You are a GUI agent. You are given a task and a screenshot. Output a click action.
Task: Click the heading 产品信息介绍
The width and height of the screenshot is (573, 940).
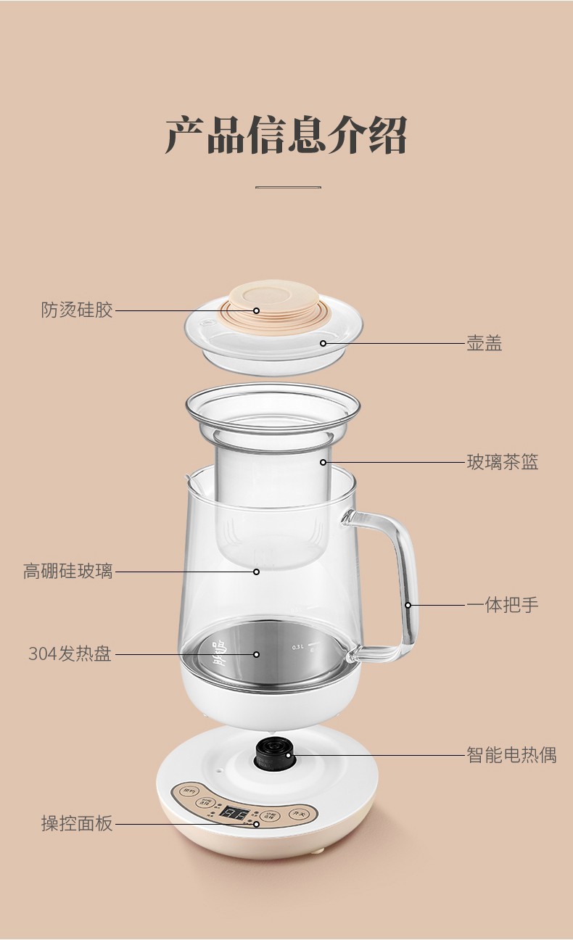pos(286,135)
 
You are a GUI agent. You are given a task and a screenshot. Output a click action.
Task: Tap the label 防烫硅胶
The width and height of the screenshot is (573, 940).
pos(77,310)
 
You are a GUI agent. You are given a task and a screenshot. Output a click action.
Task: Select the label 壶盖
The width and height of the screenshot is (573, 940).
pos(484,343)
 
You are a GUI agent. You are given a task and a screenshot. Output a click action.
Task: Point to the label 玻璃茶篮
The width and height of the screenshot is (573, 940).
pos(502,462)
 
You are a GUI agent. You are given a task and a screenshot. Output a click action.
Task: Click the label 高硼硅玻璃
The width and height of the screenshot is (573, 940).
pos(68,572)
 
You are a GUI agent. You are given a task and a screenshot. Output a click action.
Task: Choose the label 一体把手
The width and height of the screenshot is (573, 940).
pos(502,605)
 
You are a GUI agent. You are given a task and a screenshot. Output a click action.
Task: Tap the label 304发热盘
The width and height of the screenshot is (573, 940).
pos(70,654)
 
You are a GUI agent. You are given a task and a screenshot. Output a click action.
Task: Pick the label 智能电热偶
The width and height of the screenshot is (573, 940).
pos(511,755)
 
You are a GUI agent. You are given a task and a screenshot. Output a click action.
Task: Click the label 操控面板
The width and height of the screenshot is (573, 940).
pos(77,824)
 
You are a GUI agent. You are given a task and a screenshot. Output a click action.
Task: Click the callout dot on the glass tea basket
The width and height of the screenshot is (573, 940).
pos(323,462)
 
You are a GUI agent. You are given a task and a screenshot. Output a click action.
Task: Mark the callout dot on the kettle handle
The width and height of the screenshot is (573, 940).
pos(408,605)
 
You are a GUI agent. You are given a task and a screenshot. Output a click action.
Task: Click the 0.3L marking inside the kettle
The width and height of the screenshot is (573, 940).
pos(297,646)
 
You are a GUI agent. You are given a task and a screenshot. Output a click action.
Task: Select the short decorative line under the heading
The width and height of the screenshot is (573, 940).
pos(288,187)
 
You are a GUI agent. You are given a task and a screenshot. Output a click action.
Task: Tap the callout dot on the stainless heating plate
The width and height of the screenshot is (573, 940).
pos(256,654)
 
